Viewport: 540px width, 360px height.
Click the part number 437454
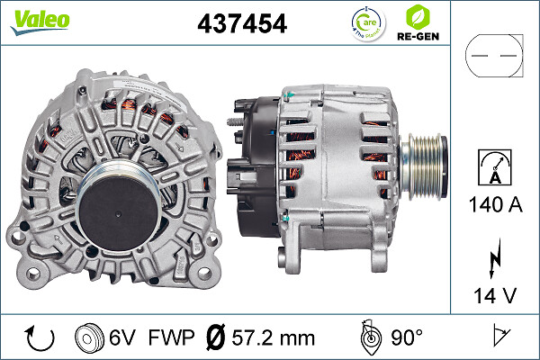pyautogui.click(x=242, y=23)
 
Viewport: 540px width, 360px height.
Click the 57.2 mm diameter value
pyautogui.click(x=274, y=338)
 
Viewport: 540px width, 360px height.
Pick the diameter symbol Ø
pyautogui.click(x=216, y=338)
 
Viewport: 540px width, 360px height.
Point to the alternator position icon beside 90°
pyautogui.click(x=370, y=337)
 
